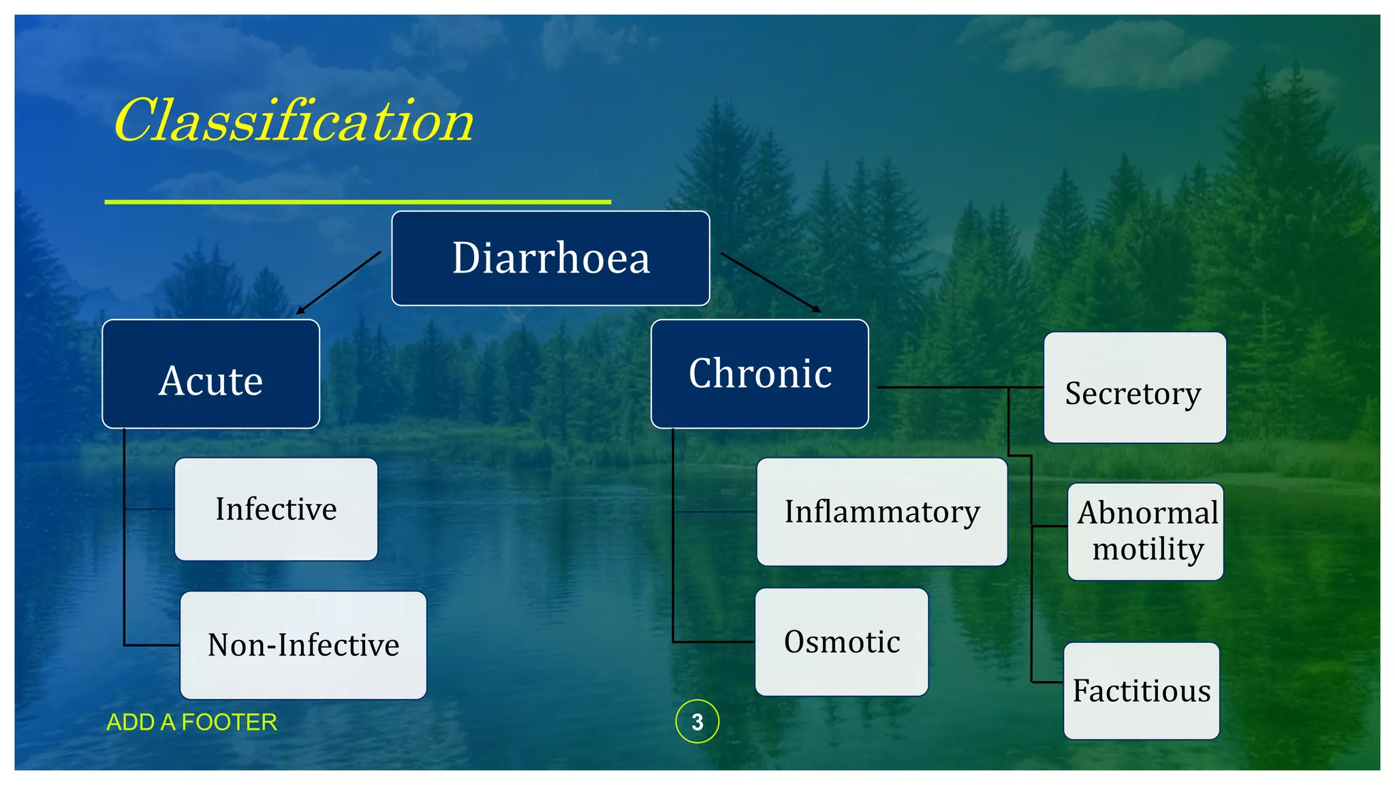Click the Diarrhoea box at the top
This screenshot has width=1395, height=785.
point(550,258)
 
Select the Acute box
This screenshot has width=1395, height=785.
point(210,374)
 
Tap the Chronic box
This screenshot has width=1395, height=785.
point(759,374)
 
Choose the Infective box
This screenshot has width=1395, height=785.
point(276,509)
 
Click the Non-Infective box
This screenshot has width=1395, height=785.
point(303,645)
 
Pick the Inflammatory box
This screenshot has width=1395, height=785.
point(881,512)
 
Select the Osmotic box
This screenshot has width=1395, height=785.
point(842,642)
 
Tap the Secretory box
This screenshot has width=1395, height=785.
point(1135,388)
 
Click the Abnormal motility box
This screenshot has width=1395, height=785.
point(1146,532)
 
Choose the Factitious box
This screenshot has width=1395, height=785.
point(1142,691)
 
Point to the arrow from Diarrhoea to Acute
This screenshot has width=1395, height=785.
point(339,283)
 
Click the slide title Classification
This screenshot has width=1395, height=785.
point(293,121)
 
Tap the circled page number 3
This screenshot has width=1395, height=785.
point(697,722)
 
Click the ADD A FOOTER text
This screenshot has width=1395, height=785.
point(192,722)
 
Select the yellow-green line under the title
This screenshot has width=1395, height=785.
point(358,202)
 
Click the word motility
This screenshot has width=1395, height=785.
point(1148,549)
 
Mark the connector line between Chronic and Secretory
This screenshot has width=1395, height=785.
point(954,387)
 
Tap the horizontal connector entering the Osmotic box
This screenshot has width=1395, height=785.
point(714,642)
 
